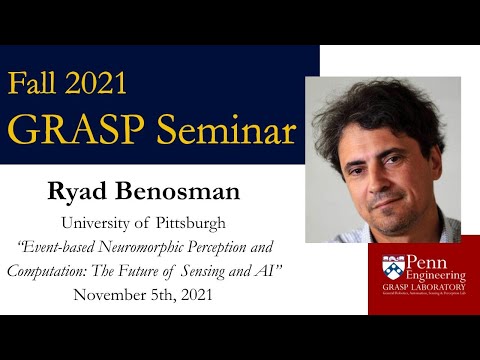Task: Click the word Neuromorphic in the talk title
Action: coord(167,246)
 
